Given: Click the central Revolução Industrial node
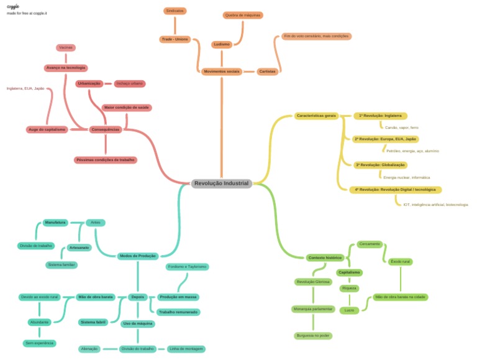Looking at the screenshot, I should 221,183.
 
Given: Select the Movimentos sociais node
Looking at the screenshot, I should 221,72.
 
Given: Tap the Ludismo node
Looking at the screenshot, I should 222,44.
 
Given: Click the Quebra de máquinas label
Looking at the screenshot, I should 243,15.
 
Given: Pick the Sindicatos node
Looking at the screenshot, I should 175,11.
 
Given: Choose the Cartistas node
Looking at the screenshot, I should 268,72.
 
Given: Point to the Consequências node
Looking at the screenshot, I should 105,129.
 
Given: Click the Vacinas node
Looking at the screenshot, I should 66,47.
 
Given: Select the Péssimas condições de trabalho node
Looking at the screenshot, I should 106,160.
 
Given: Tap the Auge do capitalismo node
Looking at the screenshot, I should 47,129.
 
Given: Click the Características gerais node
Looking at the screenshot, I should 316,116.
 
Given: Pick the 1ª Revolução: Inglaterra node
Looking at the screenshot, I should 380,116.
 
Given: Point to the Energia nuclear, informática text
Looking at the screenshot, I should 406,177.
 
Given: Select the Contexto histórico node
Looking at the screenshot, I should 325,258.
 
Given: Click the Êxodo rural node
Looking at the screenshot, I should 400,261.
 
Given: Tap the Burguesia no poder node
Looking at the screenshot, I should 312,335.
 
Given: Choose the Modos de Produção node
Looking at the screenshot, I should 138,256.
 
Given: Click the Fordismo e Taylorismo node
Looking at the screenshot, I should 187,267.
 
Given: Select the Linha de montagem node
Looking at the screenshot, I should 186,349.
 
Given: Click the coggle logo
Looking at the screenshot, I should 12,6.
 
